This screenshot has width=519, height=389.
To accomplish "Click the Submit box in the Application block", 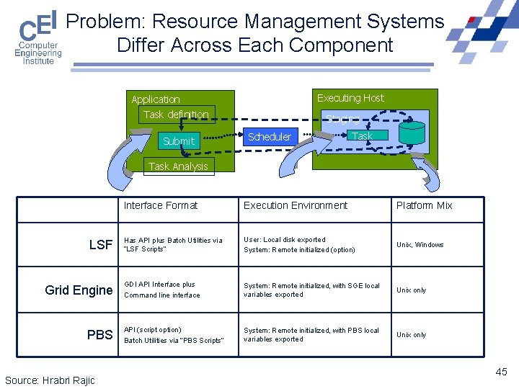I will pos(179,141).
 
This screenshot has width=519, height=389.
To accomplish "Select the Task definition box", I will pos(176,115).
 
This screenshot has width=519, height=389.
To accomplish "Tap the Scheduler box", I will pos(269,136).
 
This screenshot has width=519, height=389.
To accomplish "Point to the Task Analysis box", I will pos(177,166).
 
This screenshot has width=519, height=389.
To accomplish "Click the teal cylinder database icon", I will pos(412,132).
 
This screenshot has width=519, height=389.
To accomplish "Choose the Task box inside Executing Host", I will pos(362,135).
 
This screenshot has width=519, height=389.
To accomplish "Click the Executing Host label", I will pos(350,98).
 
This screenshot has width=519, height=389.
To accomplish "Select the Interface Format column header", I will pos(161,205).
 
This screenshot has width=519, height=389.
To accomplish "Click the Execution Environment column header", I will pos(296,205).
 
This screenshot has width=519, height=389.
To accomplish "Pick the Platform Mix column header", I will pos(425,205).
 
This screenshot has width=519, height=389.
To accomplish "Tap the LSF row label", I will pos(101,245).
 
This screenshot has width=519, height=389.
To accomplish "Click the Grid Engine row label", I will pos(79,290).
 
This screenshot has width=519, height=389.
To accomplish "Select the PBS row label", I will pos(100,335).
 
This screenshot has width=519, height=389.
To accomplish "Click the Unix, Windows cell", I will pos(420,245).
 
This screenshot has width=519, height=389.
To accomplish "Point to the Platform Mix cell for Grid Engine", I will pos(412,290).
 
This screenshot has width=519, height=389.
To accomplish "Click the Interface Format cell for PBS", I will pos(174,335).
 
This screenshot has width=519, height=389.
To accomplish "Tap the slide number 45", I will pos(501,372).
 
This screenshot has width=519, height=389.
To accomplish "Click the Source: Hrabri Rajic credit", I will pos(50,380).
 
